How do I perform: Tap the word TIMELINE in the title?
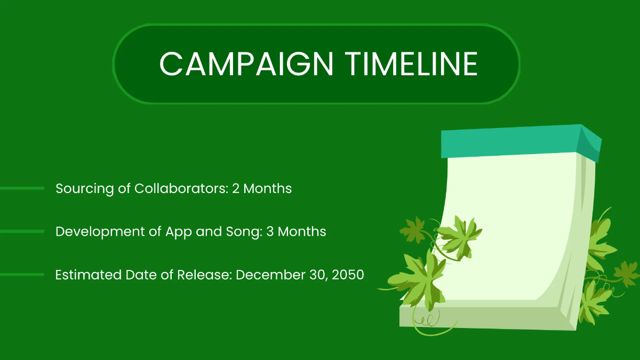pos(413,64)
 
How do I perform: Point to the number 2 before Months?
pos(236,188)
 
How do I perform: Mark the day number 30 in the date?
pos(313,275)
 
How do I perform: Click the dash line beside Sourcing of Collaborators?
pos(22,188)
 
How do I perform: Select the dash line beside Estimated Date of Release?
pos(22,275)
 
